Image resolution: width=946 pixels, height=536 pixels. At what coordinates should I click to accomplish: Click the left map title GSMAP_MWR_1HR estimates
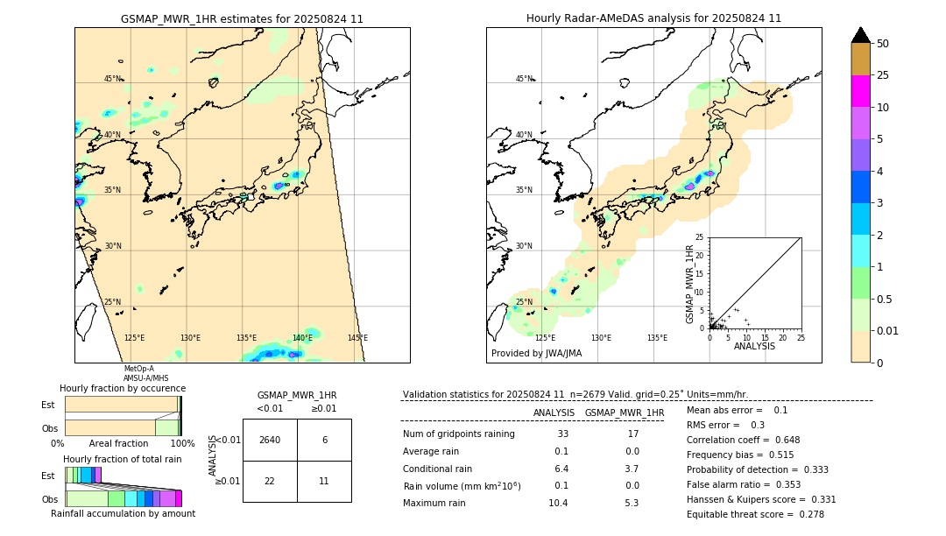coord(242,18)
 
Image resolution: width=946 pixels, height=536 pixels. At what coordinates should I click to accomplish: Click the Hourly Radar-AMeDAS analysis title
coord(653,18)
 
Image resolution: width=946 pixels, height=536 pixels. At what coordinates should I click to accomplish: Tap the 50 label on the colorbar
coord(883,44)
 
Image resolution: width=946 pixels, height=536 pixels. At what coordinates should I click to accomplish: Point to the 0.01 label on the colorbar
coord(888,330)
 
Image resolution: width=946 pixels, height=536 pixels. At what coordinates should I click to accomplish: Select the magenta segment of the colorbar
coord(860,91)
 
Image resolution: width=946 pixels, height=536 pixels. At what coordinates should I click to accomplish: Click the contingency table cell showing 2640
coord(270,440)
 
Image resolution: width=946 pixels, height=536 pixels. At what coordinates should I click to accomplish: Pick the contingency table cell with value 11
coord(324,482)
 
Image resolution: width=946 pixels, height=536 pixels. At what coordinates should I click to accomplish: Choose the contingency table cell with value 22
coord(270,482)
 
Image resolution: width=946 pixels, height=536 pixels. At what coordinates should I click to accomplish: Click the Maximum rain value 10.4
coord(558,503)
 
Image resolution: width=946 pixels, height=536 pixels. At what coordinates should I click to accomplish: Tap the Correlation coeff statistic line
coord(743,440)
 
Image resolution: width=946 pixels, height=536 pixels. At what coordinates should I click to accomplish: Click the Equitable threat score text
coord(743,514)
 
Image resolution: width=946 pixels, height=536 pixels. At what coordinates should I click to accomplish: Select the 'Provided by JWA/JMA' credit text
coord(536,354)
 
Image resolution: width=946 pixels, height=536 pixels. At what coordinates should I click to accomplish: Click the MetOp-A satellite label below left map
coord(138,369)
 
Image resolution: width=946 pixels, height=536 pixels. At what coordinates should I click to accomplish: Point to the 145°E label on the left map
coord(357,338)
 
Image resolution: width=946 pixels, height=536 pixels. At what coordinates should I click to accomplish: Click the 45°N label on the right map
coord(524,79)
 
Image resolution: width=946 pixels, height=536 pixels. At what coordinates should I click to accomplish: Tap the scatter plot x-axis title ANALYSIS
coord(754,347)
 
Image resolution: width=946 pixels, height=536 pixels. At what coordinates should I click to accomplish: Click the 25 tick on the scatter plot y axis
coord(699,237)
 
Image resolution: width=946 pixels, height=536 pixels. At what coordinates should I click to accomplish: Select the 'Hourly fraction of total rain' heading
coord(123,459)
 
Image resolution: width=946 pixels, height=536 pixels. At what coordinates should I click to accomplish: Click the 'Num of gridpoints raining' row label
coord(459,434)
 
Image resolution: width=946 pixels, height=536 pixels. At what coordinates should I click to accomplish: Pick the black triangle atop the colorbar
coord(860,35)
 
